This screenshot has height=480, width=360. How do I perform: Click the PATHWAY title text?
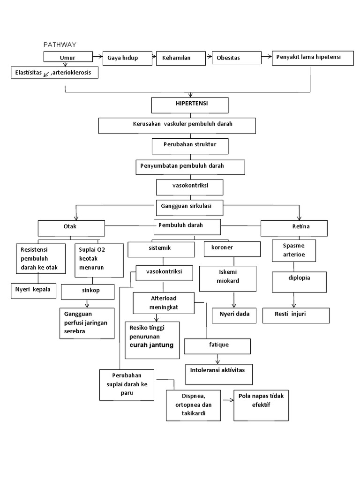coord(60,45)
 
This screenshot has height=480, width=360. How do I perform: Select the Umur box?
coord(67,58)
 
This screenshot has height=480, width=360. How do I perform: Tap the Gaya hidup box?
coord(126,58)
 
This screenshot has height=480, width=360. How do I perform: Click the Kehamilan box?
coord(180,58)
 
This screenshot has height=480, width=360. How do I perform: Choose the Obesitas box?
coord(236,58)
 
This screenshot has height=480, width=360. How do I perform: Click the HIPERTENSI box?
coord(190,105)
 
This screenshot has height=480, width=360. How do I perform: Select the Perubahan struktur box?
coord(190,146)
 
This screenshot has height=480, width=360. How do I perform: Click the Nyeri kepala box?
coord(34,291)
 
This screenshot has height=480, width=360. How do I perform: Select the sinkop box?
coord(88,291)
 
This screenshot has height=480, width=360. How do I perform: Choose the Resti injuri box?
coord(295,315)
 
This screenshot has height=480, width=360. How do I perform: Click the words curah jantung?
coord(151,345)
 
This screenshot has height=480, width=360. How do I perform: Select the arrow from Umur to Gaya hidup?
coord(96,57)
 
